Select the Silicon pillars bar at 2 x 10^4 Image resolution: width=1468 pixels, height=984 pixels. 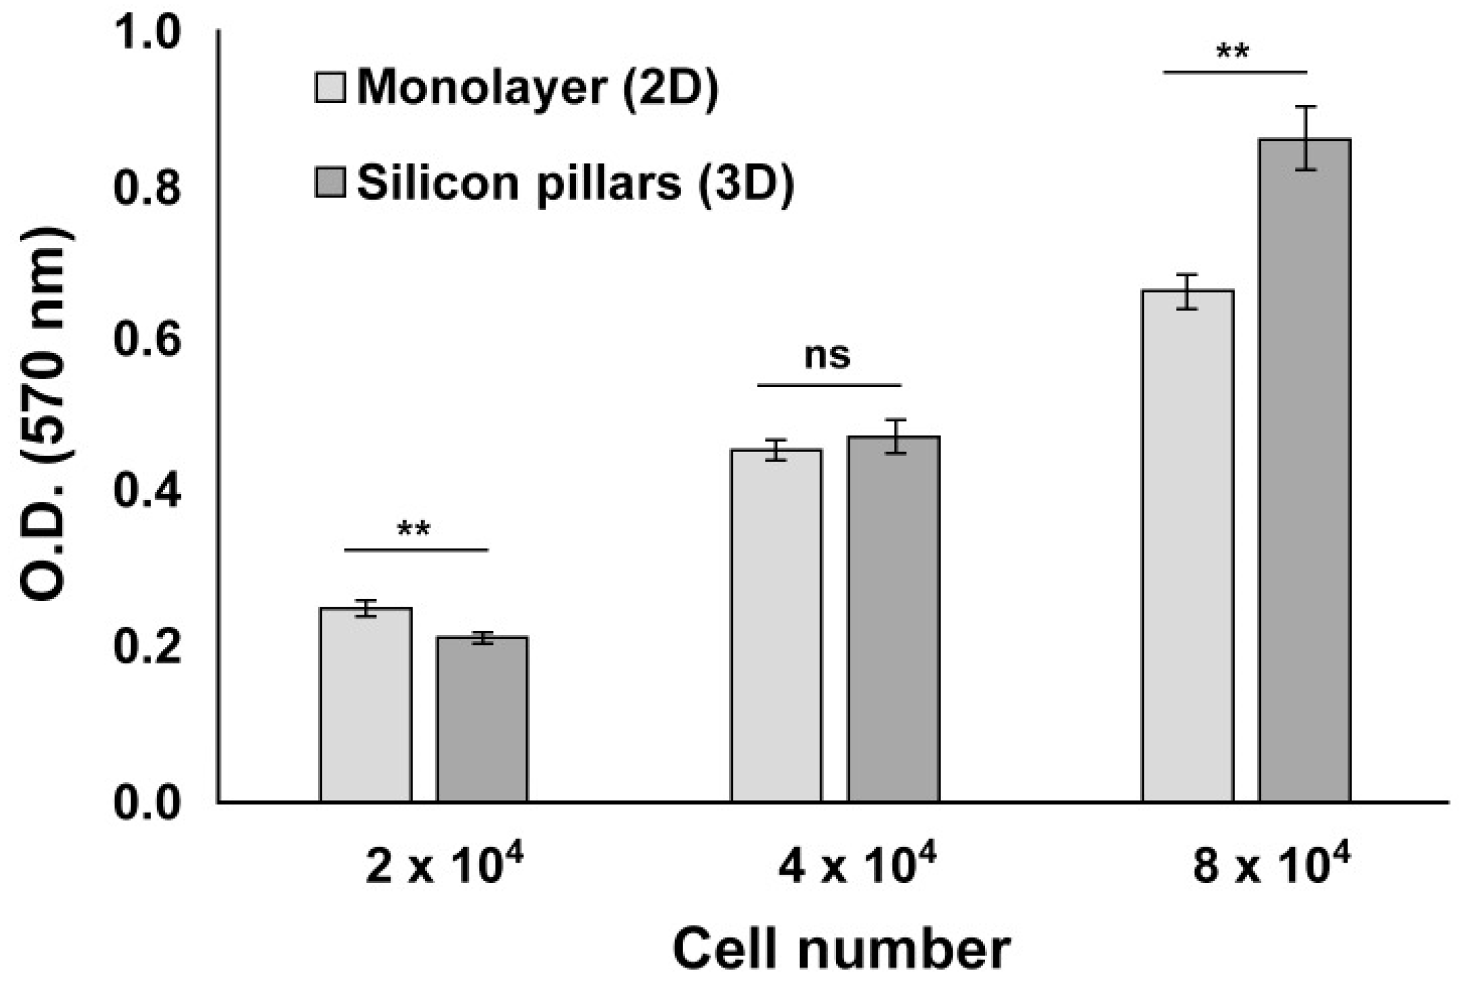[482, 719]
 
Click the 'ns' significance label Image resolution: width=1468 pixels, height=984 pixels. [827, 355]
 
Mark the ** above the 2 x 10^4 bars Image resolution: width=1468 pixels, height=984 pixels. [414, 530]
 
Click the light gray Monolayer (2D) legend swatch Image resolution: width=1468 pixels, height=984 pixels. [330, 88]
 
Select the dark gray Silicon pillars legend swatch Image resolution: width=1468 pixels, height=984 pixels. [330, 183]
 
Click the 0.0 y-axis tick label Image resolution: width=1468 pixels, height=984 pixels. [146, 803]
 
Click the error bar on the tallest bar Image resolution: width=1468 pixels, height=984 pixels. [1304, 138]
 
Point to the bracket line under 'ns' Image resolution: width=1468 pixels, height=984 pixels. [829, 384]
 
